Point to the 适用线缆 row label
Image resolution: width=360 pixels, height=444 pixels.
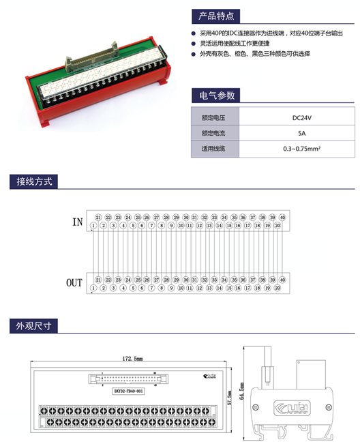click(x=213, y=148)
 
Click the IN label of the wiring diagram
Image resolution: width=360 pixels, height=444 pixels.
click(x=77, y=222)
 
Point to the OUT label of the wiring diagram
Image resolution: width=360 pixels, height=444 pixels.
click(x=74, y=282)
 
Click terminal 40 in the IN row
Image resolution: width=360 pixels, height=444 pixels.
click(x=282, y=216)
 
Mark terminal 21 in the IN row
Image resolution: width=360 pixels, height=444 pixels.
click(x=98, y=216)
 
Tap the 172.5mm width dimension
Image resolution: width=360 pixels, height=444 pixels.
click(x=132, y=358)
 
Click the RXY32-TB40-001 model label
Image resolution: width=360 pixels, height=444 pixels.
click(x=128, y=391)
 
